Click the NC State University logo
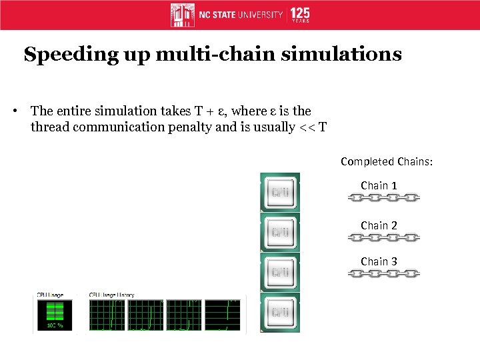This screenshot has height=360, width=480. [x=227, y=15]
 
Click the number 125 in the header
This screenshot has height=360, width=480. [x=300, y=13]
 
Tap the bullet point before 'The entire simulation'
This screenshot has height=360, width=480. [x=15, y=111]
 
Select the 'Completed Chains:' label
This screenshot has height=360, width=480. [x=386, y=161]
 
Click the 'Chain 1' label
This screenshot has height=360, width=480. [x=379, y=185]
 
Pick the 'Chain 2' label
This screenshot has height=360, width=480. [x=379, y=225]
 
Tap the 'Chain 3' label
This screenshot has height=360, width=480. [x=379, y=261]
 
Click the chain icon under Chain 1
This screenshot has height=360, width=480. [x=383, y=198]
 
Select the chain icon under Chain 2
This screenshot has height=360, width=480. [x=383, y=237]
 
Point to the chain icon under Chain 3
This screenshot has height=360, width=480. [x=383, y=273]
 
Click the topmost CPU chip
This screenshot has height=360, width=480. [x=280, y=193]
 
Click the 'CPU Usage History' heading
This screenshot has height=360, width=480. [x=111, y=294]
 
